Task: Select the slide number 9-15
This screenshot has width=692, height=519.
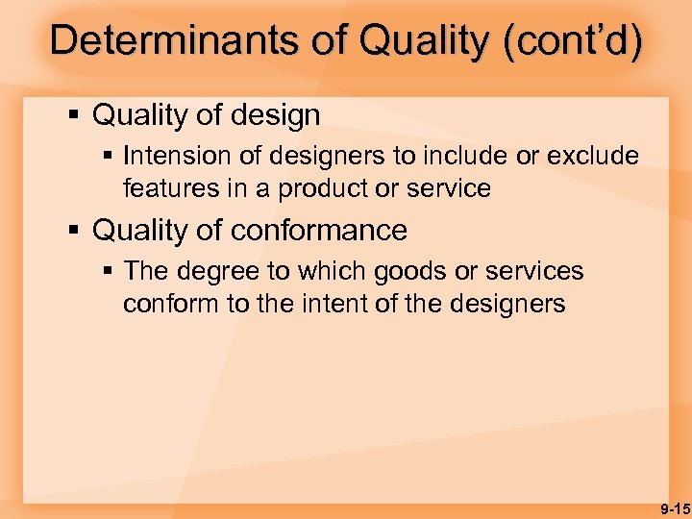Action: coord(675,507)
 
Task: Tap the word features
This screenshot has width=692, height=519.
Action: coord(169,188)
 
